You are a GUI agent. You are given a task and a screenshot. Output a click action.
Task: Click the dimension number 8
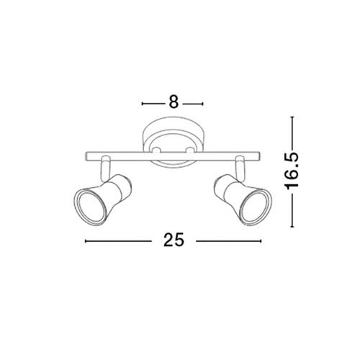tap(174, 102)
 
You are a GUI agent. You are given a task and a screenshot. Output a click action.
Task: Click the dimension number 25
tap(174, 240)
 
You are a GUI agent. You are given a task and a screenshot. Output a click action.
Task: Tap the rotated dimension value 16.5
tap(292, 171)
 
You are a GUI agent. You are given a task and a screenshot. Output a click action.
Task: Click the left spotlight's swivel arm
tap(105, 168)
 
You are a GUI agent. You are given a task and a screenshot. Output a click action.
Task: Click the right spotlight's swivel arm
tap(240, 168)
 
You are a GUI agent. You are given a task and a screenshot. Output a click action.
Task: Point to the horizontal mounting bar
tap(173, 156)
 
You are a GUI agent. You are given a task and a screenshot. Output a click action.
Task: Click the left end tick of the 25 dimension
tap(86, 241)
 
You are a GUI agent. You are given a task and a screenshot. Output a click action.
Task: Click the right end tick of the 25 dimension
tap(261, 241)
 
